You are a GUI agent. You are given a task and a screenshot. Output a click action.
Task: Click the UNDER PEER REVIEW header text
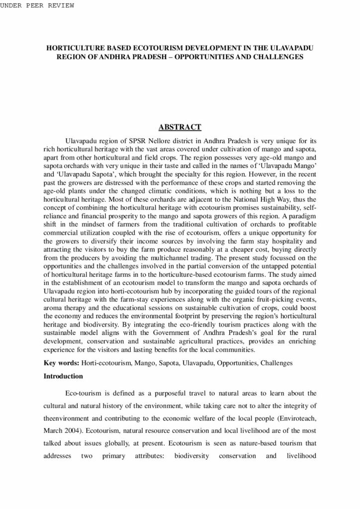[x=37, y=5]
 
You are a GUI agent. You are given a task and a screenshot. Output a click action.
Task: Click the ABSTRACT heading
[x=180, y=127]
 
